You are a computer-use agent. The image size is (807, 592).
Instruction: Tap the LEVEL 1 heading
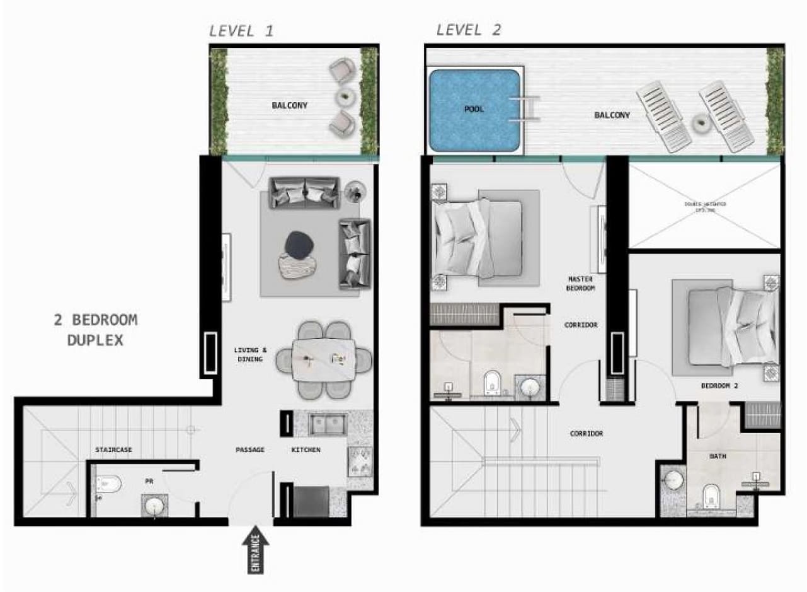[241, 30]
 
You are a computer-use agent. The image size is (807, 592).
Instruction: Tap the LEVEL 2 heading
[469, 30]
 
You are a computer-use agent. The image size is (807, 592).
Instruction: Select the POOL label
[474, 109]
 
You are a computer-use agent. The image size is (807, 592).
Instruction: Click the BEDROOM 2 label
[719, 385]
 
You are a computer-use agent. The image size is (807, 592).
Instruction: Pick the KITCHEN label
[306, 450]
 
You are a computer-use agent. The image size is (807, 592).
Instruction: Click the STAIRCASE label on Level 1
[113, 450]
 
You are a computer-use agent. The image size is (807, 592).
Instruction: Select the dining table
[324, 360]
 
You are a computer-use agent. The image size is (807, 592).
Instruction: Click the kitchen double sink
[327, 424]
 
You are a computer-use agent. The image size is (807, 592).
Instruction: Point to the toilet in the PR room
[109, 485]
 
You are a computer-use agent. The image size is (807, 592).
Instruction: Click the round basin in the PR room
[154, 505]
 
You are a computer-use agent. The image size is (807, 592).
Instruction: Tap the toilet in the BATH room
[711, 496]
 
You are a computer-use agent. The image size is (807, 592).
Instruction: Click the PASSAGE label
[250, 450]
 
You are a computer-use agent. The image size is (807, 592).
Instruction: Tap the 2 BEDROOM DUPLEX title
[94, 330]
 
